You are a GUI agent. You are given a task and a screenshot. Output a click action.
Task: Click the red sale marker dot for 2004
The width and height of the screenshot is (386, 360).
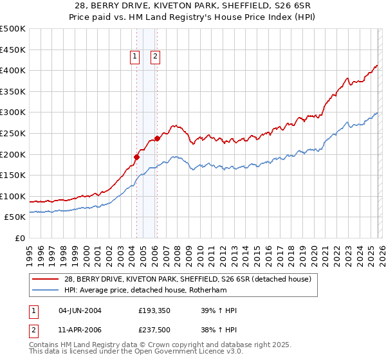tap(136, 156)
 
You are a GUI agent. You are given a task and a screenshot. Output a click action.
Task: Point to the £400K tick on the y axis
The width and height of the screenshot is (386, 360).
tap(13, 71)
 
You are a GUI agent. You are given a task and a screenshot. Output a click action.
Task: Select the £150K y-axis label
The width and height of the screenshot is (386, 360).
tap(13, 175)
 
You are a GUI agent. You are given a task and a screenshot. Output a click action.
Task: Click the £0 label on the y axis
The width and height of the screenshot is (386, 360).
tap(19, 238)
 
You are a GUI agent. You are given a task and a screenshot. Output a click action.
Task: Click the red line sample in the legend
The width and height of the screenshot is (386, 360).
tap(45, 279)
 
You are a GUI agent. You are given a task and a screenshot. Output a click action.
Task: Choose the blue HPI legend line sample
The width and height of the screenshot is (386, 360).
tap(45, 290)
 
